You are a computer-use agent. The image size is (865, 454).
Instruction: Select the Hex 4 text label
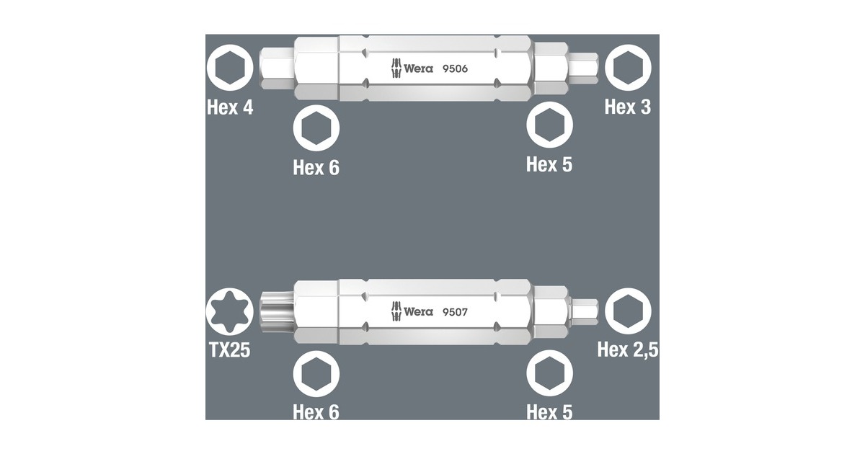[230, 107]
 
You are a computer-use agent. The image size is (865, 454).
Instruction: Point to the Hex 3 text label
[627, 107]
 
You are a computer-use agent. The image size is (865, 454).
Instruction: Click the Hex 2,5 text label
[627, 350]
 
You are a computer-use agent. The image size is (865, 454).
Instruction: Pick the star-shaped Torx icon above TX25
[229, 311]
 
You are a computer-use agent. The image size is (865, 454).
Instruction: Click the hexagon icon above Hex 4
[229, 68]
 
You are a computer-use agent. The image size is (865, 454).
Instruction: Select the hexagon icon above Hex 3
[627, 68]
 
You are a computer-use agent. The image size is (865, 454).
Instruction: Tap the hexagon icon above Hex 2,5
[627, 311]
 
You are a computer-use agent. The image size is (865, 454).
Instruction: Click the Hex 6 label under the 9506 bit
[316, 167]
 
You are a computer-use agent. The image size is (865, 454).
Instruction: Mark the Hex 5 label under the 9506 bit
[549, 164]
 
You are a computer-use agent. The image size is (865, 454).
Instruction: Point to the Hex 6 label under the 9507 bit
[316, 411]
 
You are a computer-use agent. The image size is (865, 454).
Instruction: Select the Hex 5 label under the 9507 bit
[549, 411]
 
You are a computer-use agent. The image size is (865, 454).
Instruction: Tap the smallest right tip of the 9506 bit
[582, 69]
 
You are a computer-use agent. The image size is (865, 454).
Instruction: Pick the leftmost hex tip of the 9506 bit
[276, 69]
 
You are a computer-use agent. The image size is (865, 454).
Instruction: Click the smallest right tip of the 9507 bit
[582, 311]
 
